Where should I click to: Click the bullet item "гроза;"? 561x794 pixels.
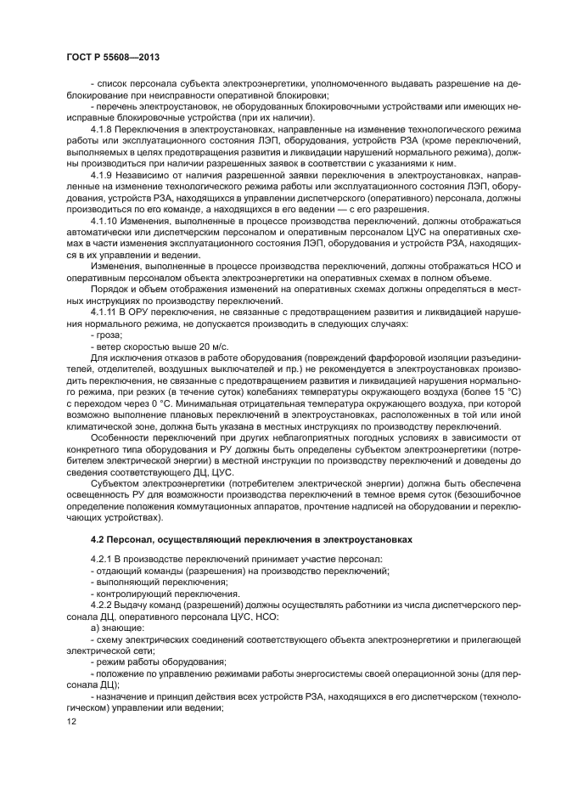[108, 336]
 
